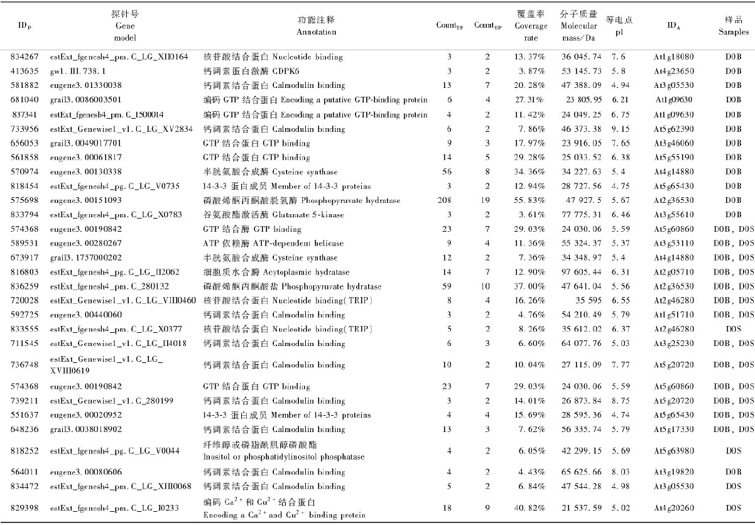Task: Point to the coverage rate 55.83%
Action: coord(530,200)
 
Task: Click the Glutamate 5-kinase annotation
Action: coord(278,215)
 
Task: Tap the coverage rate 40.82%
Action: coord(530,507)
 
